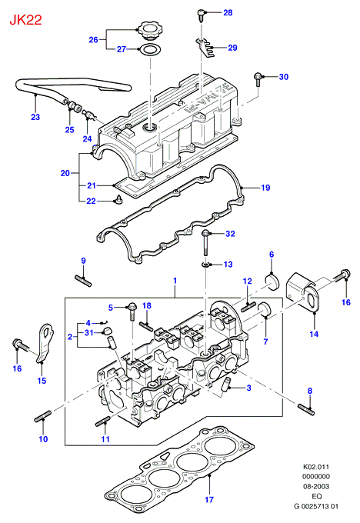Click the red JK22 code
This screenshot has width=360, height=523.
point(25,20)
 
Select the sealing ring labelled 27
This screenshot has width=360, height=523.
point(150,50)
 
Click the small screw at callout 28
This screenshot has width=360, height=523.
point(201,15)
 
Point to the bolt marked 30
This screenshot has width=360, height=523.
point(258,79)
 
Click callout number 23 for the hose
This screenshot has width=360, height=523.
point(35,117)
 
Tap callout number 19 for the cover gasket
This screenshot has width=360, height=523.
point(265,188)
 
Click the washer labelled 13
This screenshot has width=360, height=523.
point(205,265)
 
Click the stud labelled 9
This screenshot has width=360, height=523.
point(83,280)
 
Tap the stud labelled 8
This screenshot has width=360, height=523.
point(306,409)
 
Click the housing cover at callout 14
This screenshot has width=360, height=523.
point(302,293)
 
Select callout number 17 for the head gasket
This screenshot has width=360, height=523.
point(209,499)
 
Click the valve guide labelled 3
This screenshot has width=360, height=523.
point(226,385)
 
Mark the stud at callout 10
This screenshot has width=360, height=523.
point(43,416)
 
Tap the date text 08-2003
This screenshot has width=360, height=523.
point(316,486)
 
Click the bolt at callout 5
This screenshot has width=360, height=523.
point(132,311)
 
